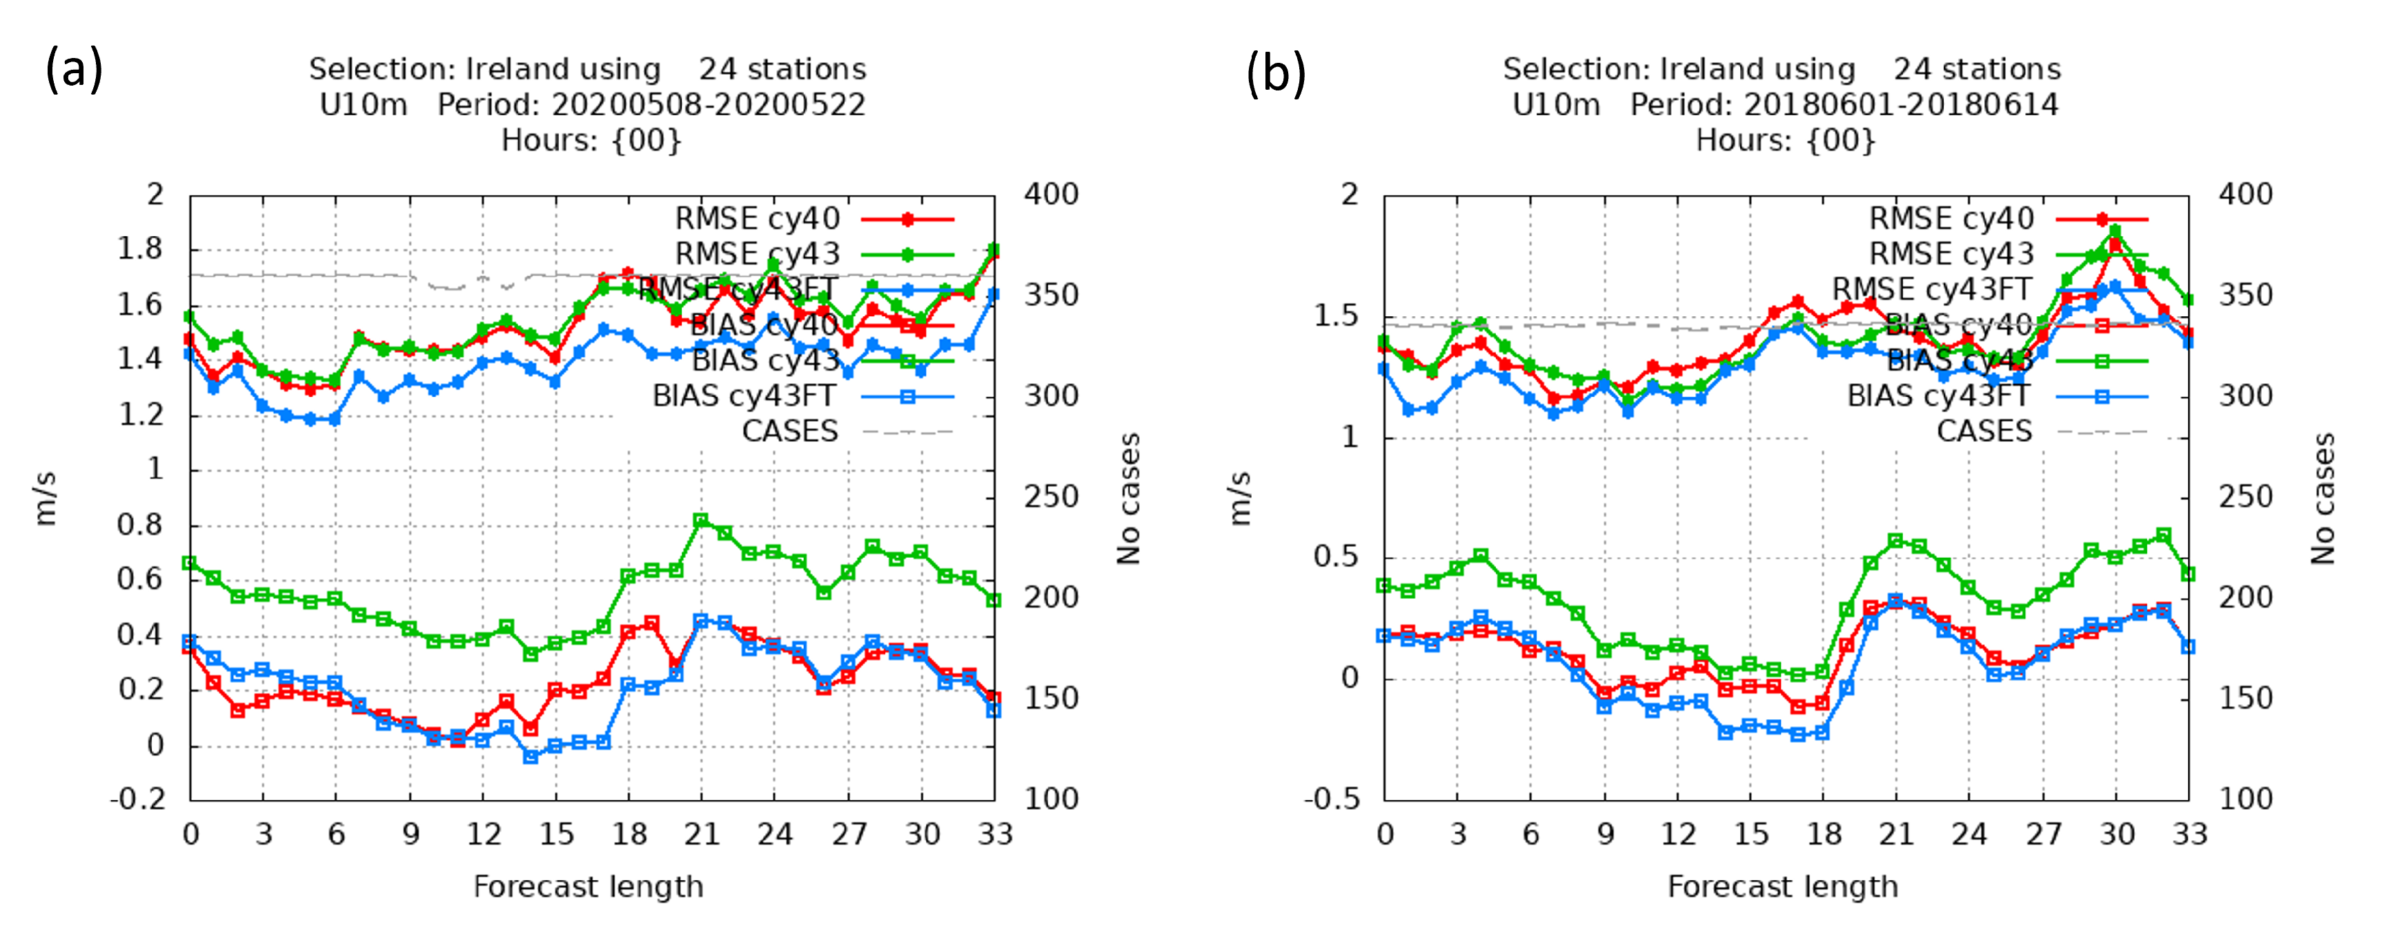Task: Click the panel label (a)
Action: pos(74,71)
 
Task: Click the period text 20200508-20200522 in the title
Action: pos(708,105)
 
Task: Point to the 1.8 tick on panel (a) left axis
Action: pos(139,249)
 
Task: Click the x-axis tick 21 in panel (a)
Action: pos(702,833)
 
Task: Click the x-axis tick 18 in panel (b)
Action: pos(1823,833)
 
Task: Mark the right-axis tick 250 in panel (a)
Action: pos(1051,497)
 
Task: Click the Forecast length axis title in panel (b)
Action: pos(1782,886)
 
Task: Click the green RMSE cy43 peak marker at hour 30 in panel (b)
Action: pos(2116,230)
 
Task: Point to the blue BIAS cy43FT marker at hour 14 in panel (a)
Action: pos(531,757)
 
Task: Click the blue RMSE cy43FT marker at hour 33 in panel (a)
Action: pos(995,295)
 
